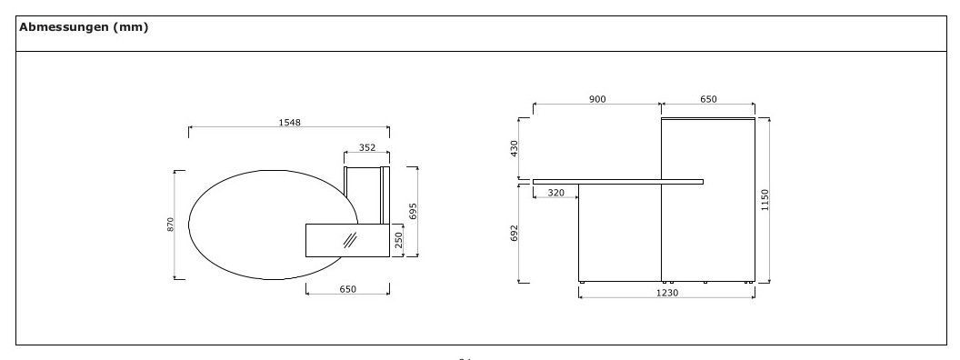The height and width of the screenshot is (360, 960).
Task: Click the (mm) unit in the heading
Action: point(130,27)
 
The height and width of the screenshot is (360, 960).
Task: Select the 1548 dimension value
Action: point(289,122)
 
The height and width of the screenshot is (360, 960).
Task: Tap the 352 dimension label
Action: point(366,146)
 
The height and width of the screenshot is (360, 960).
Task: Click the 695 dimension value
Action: point(413,211)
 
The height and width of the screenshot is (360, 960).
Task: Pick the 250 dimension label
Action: point(397,239)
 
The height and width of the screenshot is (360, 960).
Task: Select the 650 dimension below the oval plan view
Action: point(347,289)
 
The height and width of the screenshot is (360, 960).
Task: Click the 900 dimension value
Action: point(596,99)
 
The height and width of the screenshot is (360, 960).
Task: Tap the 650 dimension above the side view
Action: point(707,99)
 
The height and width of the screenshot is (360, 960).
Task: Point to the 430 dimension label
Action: point(514,147)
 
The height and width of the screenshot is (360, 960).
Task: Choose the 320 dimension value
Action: point(555,193)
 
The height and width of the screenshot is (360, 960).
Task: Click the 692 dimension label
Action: point(514,234)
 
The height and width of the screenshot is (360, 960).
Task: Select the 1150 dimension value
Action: point(765,199)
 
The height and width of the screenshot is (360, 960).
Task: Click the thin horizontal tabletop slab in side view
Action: point(618,181)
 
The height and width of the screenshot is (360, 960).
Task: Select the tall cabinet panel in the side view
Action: point(707,200)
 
